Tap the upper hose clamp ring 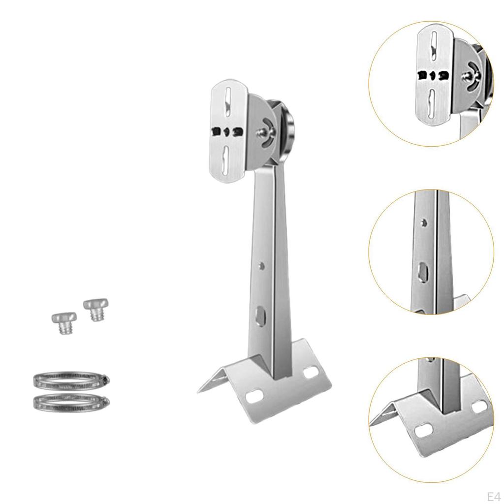coord(71,380)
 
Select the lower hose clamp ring coord(71,403)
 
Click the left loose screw coord(64,322)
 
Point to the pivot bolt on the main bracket coord(262,132)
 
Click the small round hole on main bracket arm coord(262,266)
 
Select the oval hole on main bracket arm coord(259,314)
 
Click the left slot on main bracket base coord(254,395)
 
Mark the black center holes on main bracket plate coord(227,132)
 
